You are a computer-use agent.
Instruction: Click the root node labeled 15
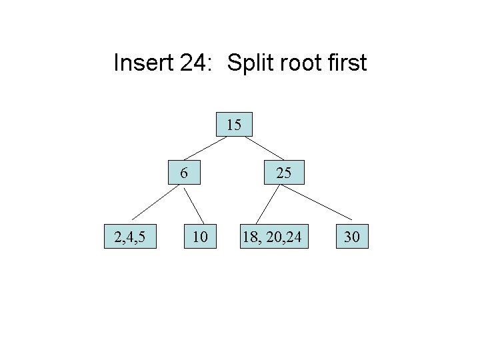[x=234, y=125]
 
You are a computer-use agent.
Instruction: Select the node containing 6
[x=184, y=173]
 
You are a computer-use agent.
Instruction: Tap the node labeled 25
[x=283, y=173]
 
